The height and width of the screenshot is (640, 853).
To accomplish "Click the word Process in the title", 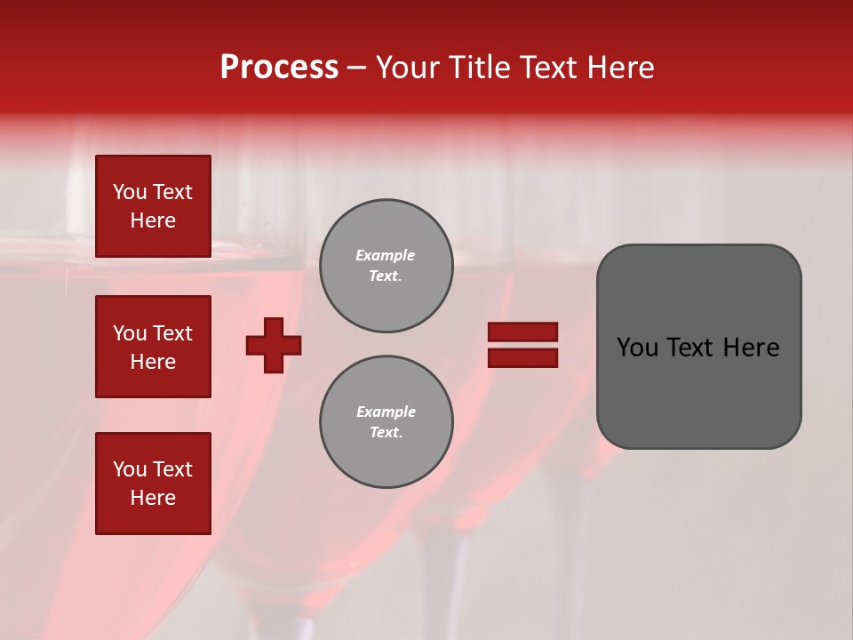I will tap(279, 68).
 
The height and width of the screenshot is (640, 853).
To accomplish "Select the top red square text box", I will tap(153, 206).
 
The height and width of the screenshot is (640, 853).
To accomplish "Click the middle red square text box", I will tap(153, 347).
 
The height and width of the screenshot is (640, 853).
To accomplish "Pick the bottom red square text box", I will tap(153, 484).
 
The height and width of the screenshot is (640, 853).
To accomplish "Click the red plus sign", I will tap(274, 345).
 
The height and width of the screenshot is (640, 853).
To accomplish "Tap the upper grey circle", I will tap(387, 266).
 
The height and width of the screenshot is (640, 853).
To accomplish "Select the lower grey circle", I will tap(387, 422).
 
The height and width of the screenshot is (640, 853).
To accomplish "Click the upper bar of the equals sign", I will tap(523, 332).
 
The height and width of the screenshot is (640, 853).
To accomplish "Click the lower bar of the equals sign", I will tap(523, 358).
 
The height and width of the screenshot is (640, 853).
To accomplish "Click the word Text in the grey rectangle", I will tap(692, 348).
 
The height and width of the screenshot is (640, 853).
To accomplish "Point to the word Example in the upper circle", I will tap(386, 255).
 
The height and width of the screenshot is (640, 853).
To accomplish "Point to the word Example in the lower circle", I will tap(386, 412).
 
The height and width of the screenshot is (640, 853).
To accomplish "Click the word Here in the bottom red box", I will tap(153, 498).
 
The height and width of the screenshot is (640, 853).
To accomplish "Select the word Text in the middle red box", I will tap(172, 333).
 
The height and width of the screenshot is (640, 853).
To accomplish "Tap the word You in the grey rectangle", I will tap(637, 348).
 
